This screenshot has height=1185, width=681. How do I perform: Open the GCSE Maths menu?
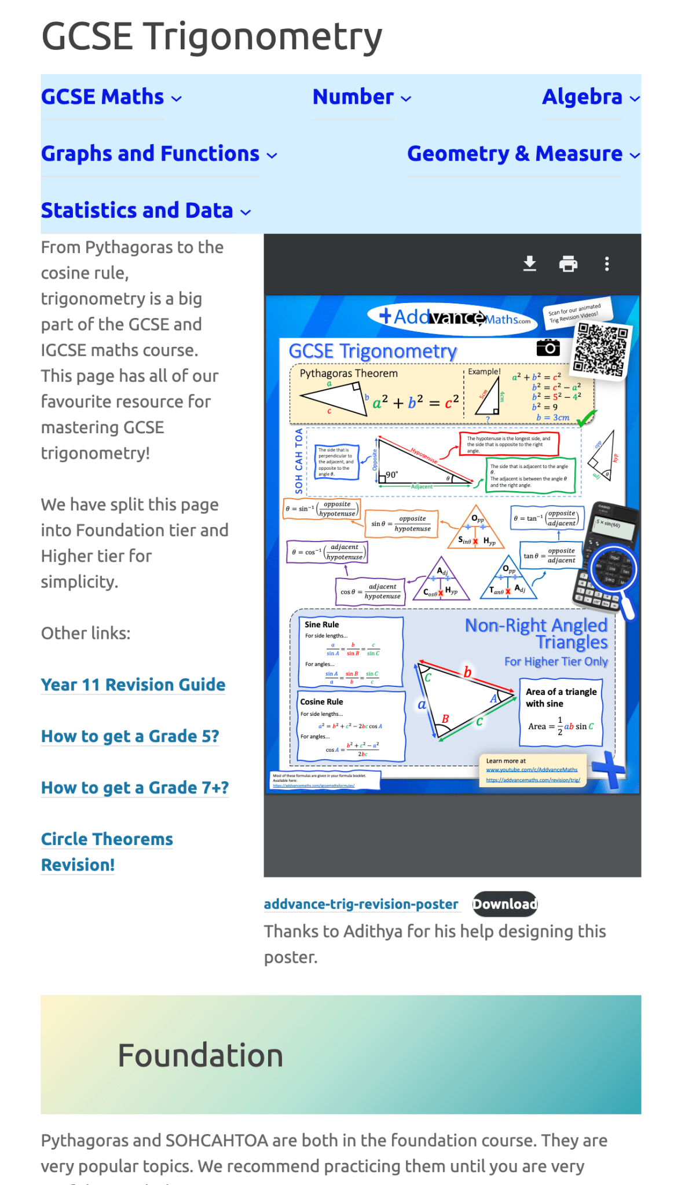[x=111, y=97]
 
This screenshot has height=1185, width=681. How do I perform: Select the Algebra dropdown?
[x=590, y=97]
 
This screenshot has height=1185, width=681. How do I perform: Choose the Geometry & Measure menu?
[x=523, y=153]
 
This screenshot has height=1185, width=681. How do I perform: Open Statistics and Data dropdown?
[x=145, y=210]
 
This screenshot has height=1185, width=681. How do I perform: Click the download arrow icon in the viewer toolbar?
[x=529, y=264]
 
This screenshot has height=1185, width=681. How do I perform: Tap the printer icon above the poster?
[x=568, y=264]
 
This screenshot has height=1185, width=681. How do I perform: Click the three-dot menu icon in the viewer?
[x=606, y=264]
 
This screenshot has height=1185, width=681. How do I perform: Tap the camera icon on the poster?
[x=548, y=348]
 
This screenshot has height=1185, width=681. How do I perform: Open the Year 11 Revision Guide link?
[x=133, y=685]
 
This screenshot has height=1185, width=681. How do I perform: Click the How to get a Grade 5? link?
[x=130, y=736]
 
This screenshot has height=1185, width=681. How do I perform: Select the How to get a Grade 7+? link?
[x=134, y=788]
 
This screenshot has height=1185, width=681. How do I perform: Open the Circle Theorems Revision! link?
[x=107, y=851]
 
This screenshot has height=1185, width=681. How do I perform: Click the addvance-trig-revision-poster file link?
[x=361, y=904]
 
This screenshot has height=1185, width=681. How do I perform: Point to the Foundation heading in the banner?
[x=200, y=1055]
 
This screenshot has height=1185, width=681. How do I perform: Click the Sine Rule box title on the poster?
[x=322, y=624]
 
